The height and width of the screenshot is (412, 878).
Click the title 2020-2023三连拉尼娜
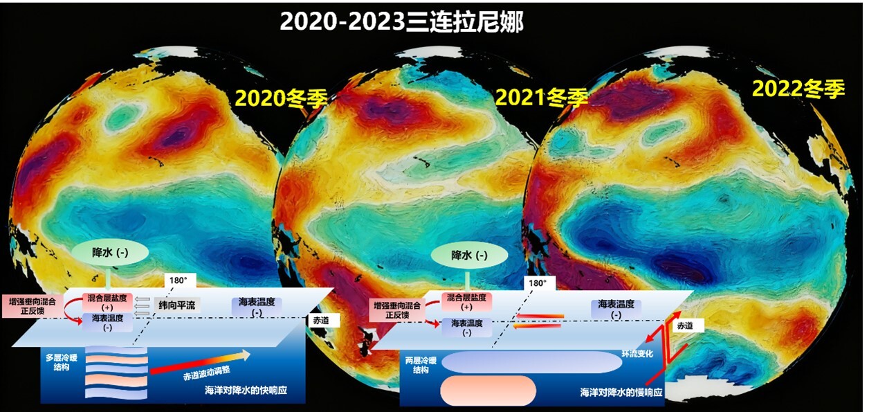tap(402, 22)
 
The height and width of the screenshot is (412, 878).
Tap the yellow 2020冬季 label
tap(281, 98)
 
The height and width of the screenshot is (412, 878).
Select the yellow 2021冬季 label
tap(541, 97)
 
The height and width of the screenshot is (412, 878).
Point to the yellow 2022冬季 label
tap(798, 89)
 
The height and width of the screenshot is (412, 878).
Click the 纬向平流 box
tap(177, 305)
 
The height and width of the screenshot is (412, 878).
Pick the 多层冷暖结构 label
tap(62, 362)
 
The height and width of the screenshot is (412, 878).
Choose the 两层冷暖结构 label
tap(421, 365)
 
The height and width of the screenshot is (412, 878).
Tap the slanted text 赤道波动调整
tap(207, 373)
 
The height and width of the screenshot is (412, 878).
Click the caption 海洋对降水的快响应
tap(246, 390)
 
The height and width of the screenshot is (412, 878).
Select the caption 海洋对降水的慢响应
tap(621, 392)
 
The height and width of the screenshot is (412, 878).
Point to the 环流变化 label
tap(637, 354)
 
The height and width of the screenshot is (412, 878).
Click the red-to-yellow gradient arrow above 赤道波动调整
tap(200, 362)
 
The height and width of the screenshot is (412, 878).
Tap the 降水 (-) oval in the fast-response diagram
tap(110, 252)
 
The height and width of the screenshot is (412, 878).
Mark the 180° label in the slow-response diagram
tap(538, 283)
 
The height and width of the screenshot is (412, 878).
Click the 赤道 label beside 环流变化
tap(685, 325)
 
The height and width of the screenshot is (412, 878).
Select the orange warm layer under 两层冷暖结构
tap(488, 391)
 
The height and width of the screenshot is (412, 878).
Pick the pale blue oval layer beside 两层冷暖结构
tap(532, 362)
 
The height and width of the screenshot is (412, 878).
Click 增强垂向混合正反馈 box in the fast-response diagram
tap(33, 306)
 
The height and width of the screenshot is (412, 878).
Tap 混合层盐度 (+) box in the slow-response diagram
tap(466, 302)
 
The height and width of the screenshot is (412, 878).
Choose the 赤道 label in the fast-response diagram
tap(320, 321)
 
